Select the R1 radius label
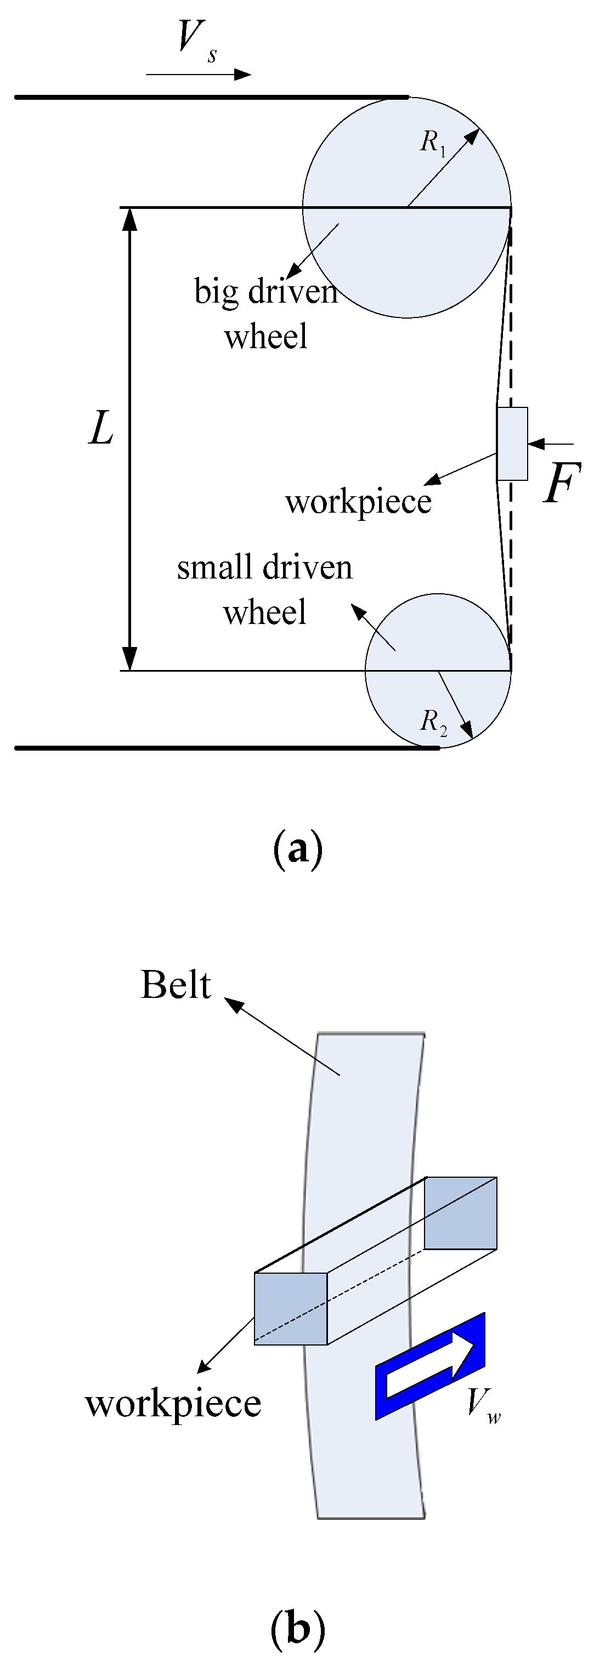(433, 142)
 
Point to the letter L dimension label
(101, 429)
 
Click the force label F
(561, 483)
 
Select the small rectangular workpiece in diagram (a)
(512, 444)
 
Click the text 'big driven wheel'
(265, 314)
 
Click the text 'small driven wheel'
(265, 589)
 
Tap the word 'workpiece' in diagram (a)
(358, 502)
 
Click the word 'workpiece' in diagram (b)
(173, 1404)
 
